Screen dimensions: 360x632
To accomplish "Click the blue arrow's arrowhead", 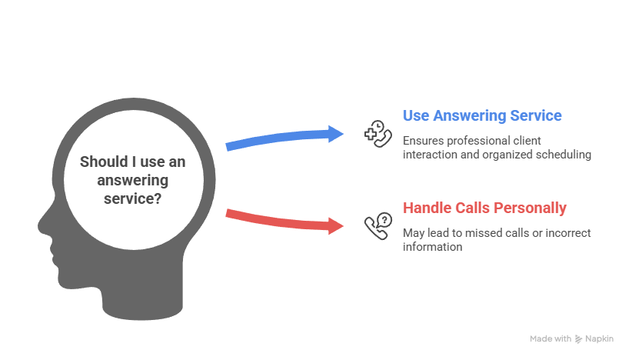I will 337,133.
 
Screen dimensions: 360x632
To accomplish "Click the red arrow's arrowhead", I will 337,226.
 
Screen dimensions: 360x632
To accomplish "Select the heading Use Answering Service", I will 481,116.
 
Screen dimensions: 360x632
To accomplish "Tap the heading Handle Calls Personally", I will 484,208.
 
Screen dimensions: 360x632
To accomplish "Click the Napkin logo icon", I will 579,338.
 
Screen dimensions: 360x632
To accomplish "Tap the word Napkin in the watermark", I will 599,338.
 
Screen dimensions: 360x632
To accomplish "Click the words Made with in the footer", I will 551,338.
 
